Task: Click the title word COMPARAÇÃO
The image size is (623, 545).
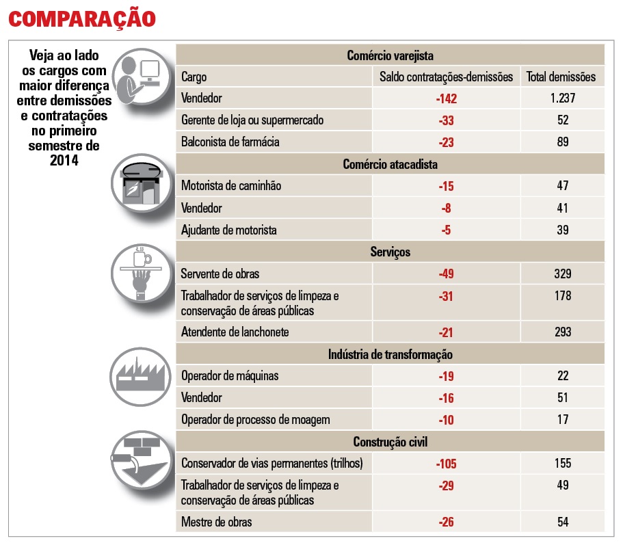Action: coord(81,18)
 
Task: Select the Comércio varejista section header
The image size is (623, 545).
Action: coord(390,55)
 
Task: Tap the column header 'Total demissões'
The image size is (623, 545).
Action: coord(561,77)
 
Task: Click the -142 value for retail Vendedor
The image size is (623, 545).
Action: coord(446,98)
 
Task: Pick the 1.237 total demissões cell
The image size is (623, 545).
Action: coord(562,98)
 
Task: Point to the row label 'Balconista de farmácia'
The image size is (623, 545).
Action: coord(230,142)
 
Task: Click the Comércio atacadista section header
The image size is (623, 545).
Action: coord(390,164)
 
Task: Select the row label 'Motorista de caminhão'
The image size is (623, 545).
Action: coord(231,186)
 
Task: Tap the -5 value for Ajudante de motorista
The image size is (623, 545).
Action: coord(446,230)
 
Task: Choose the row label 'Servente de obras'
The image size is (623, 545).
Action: coord(220,274)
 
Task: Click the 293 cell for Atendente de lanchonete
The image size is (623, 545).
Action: coord(562,332)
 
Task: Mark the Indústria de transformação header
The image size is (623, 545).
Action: coord(390,354)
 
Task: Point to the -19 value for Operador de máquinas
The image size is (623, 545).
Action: coord(446,376)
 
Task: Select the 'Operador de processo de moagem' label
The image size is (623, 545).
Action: coord(256,420)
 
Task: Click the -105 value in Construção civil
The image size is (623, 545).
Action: coord(446,464)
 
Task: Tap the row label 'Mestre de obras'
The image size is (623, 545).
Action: coord(216,522)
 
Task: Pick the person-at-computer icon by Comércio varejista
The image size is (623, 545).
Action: coord(141,78)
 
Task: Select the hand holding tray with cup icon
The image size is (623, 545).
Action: coord(141,274)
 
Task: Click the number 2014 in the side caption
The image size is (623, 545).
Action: coord(64,159)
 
